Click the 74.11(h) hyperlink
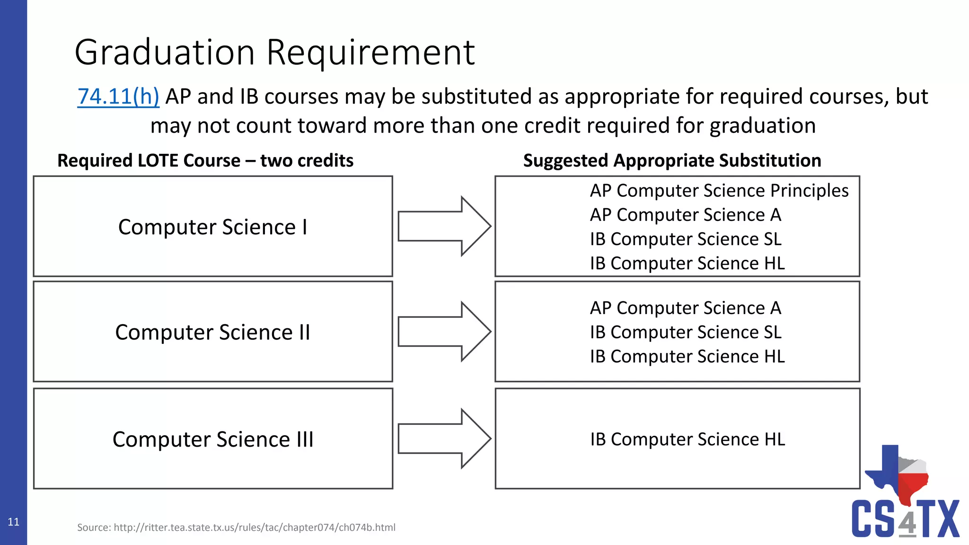[118, 97]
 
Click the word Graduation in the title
[165, 53]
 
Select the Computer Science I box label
[212, 227]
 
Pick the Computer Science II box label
[212, 332]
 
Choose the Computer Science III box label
[212, 440]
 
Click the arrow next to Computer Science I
[444, 226]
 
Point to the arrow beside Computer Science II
[444, 332]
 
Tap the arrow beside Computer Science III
[444, 439]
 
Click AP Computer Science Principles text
[719, 191]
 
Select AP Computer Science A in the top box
[685, 215]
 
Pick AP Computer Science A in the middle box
[685, 308]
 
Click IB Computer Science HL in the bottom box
[687, 440]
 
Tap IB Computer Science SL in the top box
[685, 239]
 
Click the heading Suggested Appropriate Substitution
[672, 161]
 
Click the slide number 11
[13, 522]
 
